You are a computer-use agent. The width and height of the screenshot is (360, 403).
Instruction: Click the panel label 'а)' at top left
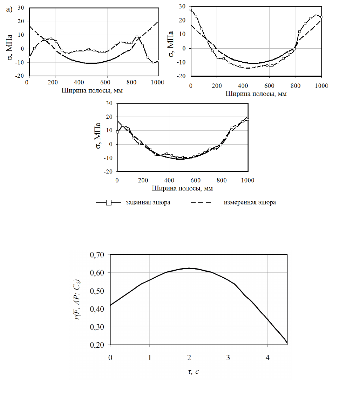pyautogui.click(x=9, y=9)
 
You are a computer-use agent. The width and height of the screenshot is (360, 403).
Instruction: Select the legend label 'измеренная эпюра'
pyautogui.click(x=250, y=203)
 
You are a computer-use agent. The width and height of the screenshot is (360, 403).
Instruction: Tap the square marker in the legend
pyautogui.click(x=109, y=203)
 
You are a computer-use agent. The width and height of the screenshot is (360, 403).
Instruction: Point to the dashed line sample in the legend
pyautogui.click(x=203, y=203)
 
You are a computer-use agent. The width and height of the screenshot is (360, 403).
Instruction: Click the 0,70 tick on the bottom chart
pyautogui.click(x=97, y=255)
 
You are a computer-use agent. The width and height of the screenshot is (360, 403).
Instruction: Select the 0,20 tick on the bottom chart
pyautogui.click(x=97, y=345)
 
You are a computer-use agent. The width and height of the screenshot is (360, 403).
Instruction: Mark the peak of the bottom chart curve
pyautogui.click(x=189, y=268)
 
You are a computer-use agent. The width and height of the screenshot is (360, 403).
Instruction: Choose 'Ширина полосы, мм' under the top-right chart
pyautogui.click(x=256, y=94)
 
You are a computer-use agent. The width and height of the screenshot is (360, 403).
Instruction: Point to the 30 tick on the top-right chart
pyautogui.click(x=181, y=6)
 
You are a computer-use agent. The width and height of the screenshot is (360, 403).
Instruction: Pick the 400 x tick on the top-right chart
pyautogui.click(x=243, y=86)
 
